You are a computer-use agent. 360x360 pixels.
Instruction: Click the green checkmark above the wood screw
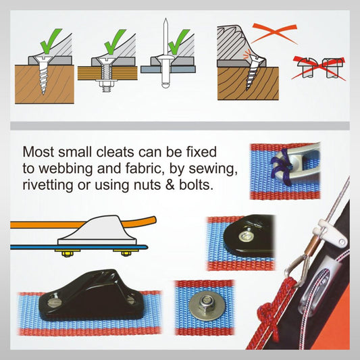51,41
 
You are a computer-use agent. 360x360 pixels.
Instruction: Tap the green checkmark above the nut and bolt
114,41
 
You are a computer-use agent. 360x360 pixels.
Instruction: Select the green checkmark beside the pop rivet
178,41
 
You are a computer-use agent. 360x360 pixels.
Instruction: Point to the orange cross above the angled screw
275,33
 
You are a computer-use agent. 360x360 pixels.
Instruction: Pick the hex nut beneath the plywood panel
107,84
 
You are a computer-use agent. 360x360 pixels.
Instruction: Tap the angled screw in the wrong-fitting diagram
252,72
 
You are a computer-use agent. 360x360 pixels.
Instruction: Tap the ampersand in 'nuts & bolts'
170,185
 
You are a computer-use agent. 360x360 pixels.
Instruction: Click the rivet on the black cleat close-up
247,235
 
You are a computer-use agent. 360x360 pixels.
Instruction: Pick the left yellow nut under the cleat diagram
67,254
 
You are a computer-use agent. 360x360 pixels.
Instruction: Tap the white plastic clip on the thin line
330,232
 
